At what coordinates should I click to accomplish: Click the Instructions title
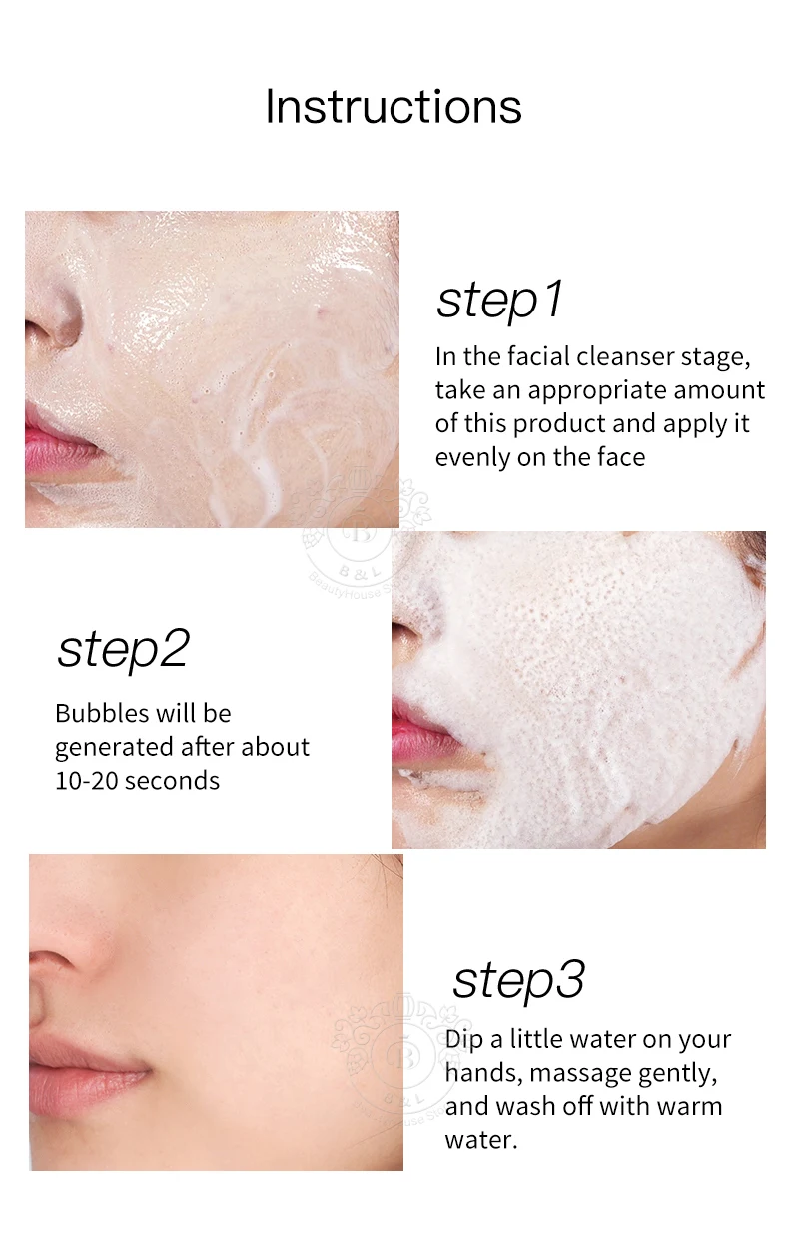coord(394,106)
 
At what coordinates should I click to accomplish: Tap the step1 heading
coord(499,301)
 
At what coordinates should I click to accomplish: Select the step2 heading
coord(123,650)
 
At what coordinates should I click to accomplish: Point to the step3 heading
coord(518,981)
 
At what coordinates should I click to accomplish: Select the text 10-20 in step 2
coord(86,781)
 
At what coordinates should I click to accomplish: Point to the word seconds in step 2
coord(172,781)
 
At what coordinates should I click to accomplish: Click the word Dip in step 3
coord(464,1040)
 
